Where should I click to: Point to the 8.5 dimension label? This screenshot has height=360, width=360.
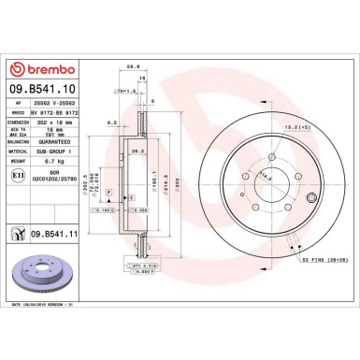(111, 122)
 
